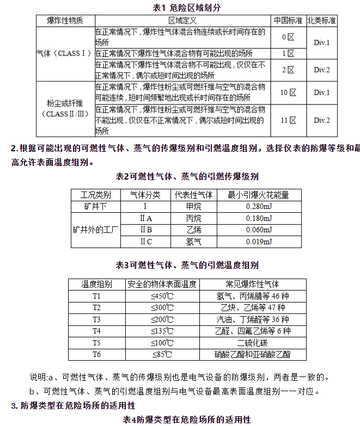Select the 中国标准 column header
(288, 20)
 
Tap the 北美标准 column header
(321, 20)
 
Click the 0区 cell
(288, 37)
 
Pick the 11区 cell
(288, 120)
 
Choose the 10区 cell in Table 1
(288, 92)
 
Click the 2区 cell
(288, 70)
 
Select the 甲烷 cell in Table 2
(194, 206)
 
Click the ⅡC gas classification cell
(146, 242)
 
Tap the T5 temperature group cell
(96, 343)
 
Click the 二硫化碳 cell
(253, 343)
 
